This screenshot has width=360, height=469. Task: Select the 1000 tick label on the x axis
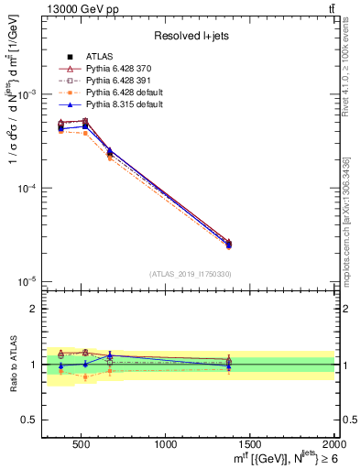[166, 444]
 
